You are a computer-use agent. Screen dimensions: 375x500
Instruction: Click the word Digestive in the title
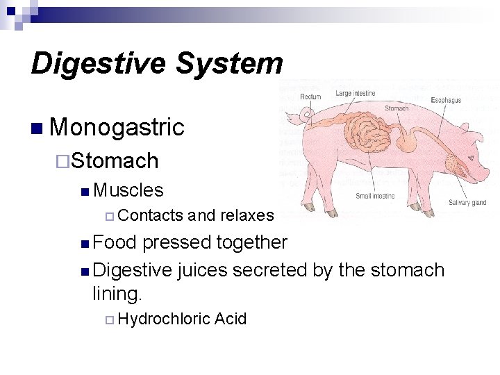pos(99,64)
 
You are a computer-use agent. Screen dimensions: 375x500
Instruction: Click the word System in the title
pos(229,64)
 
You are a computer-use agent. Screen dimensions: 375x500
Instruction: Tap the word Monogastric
pos(117,127)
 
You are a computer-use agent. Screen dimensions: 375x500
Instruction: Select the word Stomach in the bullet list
pos(115,161)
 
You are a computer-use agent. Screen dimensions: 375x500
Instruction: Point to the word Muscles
pos(128,190)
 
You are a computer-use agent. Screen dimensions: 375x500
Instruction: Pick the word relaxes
pos(247,215)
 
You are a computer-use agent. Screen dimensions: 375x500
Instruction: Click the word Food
pos(115,242)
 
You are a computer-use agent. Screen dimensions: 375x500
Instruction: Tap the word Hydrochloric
pos(164,319)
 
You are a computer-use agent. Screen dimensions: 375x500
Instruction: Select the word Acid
pos(231,319)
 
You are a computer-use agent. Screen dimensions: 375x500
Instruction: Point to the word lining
pos(117,294)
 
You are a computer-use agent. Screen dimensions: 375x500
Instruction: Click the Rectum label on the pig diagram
pos(310,97)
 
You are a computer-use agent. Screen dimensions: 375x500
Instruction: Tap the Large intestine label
pos(356,93)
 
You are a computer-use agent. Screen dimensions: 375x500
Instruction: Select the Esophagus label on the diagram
pos(446,101)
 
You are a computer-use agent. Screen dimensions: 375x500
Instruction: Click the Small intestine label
pos(375,197)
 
